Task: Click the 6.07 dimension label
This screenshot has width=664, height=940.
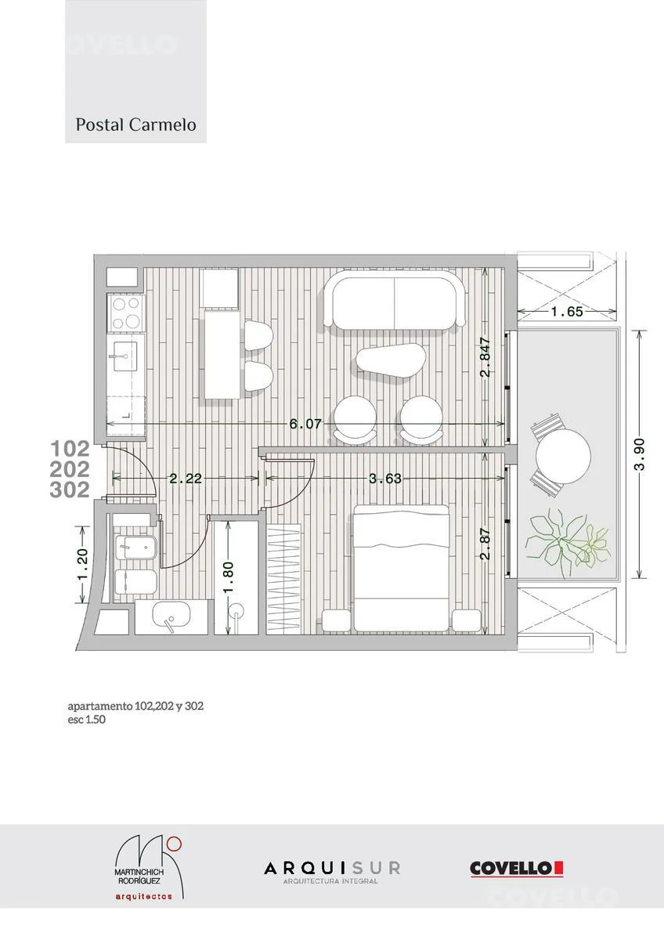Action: click(305, 424)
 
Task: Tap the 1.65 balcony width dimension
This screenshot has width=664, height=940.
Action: click(567, 312)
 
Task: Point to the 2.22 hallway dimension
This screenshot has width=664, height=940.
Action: click(186, 479)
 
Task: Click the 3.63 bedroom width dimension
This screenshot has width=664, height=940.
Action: click(385, 479)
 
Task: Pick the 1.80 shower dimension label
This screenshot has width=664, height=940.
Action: click(228, 578)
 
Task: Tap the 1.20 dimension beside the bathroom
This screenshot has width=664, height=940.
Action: click(83, 565)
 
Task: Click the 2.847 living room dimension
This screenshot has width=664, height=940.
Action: click(485, 357)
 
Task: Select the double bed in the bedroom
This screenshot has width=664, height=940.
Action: click(402, 568)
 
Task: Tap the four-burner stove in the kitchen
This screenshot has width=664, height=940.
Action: click(126, 313)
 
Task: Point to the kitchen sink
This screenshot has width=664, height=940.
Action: click(125, 356)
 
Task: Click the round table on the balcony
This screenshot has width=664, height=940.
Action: click(563, 456)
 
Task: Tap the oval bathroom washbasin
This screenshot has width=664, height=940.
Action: click(171, 614)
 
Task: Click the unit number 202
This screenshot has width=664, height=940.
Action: click(70, 469)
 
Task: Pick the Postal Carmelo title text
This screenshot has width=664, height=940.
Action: click(135, 125)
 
